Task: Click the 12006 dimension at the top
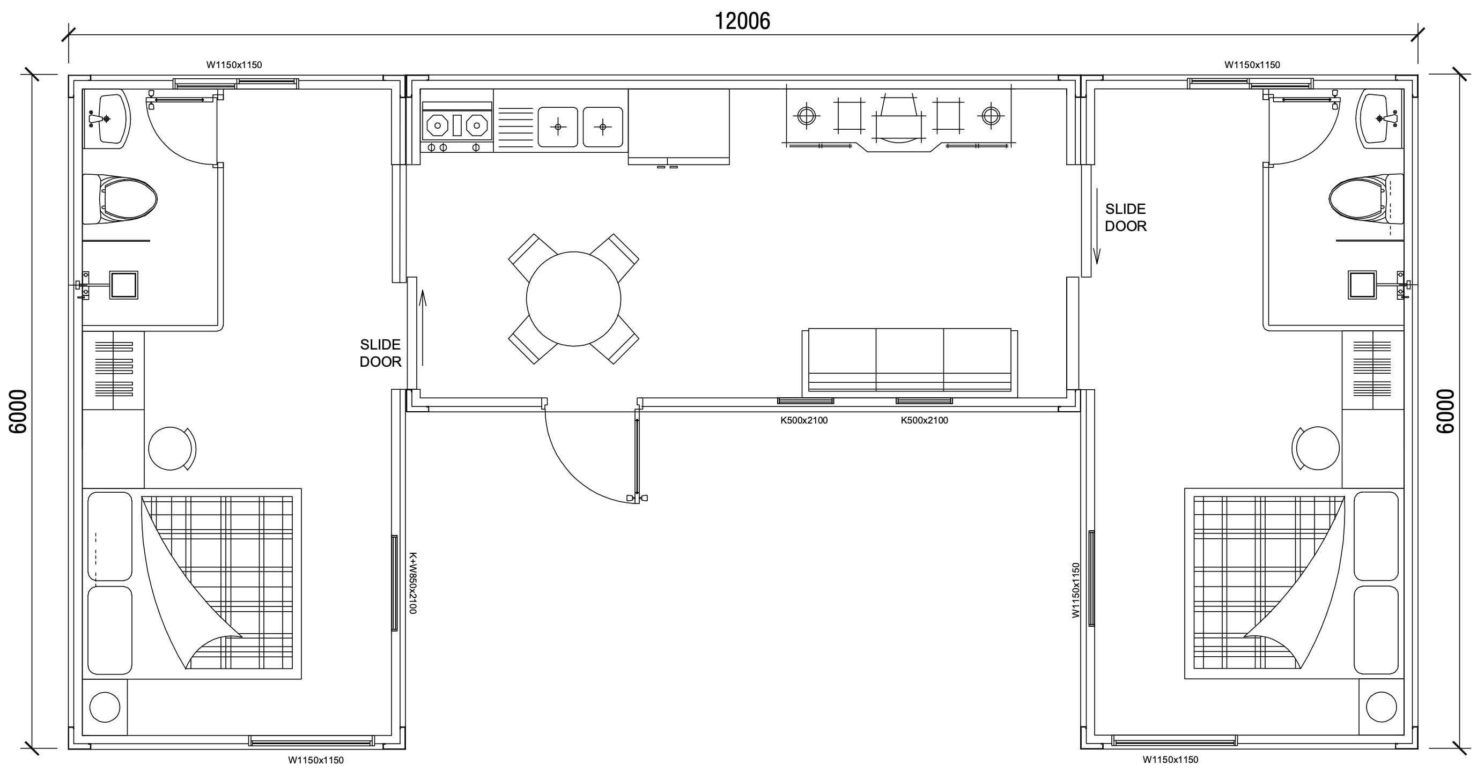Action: (x=742, y=21)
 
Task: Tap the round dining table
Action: (x=573, y=299)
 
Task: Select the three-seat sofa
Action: (x=910, y=362)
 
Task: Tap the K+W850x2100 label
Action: (x=412, y=583)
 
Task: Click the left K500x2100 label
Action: (x=804, y=420)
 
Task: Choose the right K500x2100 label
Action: (x=924, y=420)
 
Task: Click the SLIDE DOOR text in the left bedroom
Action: (x=380, y=353)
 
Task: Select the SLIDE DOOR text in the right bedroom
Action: (x=1126, y=217)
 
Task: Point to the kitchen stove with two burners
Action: (x=457, y=125)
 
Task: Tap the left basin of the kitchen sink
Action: (x=558, y=127)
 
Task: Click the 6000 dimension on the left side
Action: (x=18, y=412)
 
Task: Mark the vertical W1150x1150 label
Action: (x=1076, y=590)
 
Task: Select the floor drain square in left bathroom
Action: (x=124, y=285)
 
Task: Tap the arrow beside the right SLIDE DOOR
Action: (x=1097, y=226)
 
